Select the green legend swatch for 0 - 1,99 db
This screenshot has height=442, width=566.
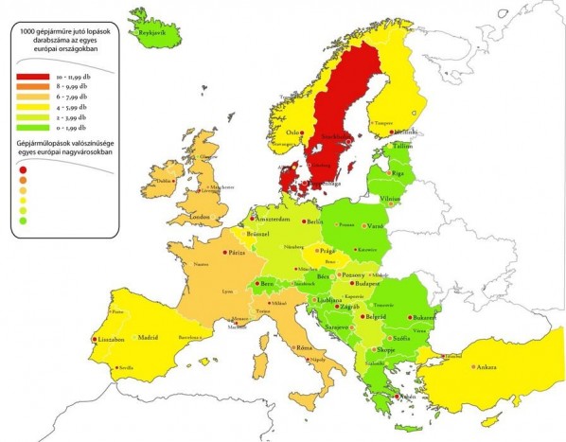coord(33,127)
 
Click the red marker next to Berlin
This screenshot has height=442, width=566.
coord(305,221)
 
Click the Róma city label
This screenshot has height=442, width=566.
coord(305,348)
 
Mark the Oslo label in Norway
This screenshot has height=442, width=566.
coord(292,132)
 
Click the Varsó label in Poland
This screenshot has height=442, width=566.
coord(374,227)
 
